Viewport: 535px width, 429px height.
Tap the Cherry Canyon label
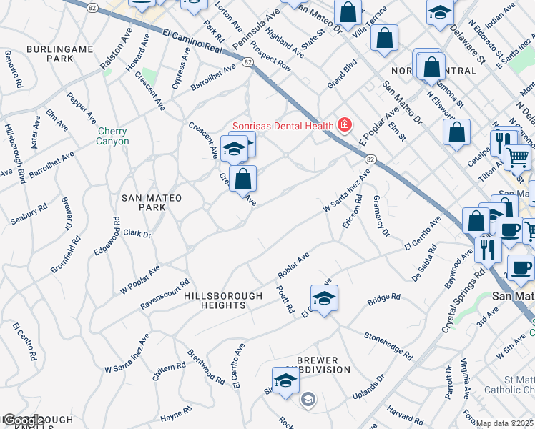tap(113, 136)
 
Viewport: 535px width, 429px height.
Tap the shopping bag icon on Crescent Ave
tap(243, 179)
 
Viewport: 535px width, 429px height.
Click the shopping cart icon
tap(517, 157)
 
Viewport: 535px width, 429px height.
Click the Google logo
tap(23, 420)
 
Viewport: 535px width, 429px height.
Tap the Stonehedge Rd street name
tap(388, 345)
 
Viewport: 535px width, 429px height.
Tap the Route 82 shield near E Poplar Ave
tap(370, 159)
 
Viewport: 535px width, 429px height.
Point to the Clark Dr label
tap(137, 233)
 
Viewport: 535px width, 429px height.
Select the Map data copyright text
tap(505, 423)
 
